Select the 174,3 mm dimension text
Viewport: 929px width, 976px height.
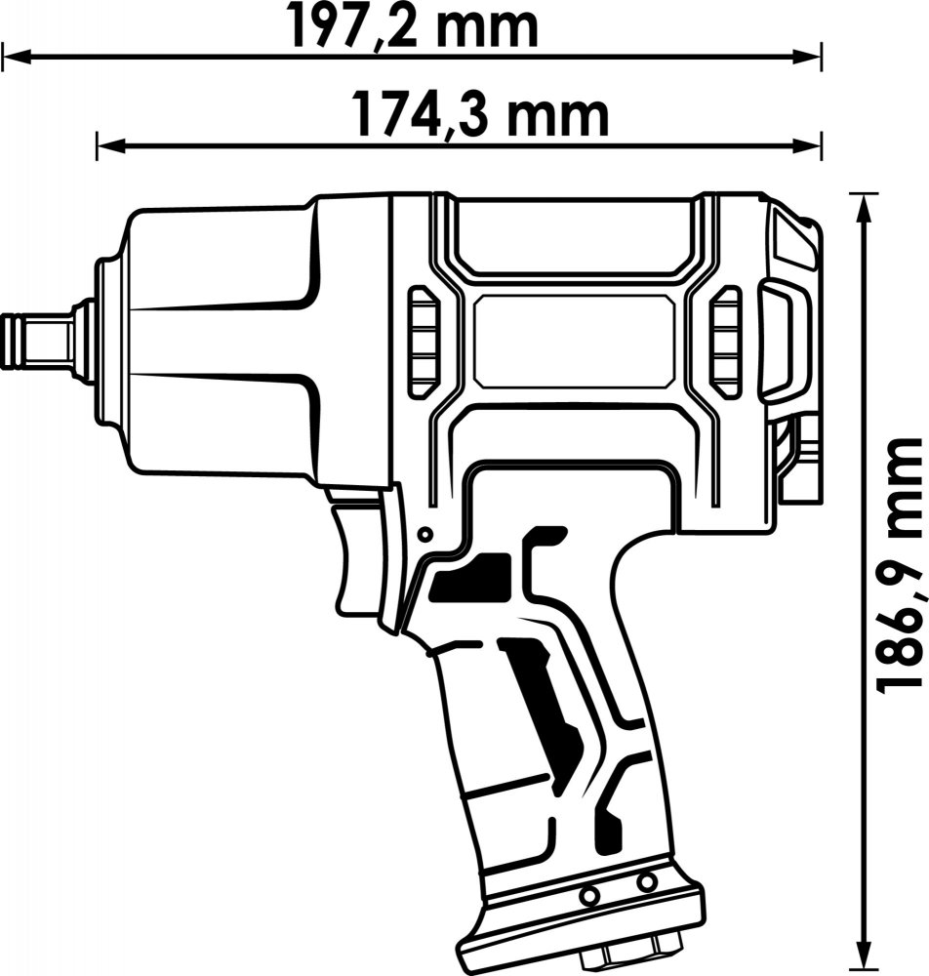480,115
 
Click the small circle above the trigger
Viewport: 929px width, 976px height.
425,534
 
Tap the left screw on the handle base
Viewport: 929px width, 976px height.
586,895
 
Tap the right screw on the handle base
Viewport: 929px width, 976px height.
647,880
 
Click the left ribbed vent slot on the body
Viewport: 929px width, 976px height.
424,341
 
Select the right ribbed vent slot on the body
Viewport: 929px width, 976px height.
726,341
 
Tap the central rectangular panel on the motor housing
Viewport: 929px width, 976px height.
574,341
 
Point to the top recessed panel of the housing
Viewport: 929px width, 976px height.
574,236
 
